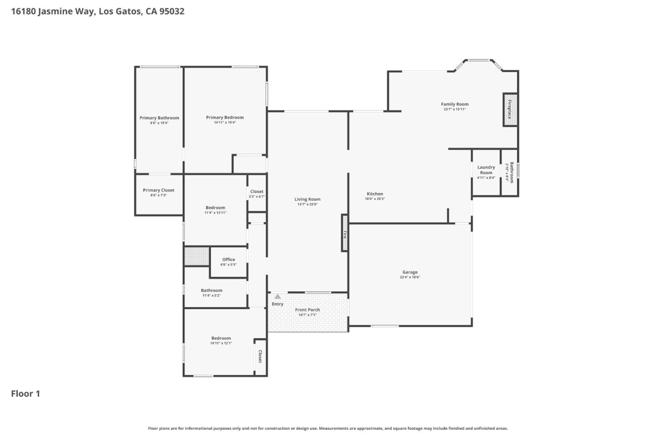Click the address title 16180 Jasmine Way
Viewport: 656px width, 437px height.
pos(97,11)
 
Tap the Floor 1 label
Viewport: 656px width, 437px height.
pos(26,394)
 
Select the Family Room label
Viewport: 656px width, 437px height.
pos(455,104)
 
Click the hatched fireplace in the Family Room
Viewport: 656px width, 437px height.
pos(510,110)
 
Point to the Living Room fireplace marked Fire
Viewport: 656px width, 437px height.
pos(345,233)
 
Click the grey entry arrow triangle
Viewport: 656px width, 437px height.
pos(277,296)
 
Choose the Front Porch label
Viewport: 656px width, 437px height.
pos(307,310)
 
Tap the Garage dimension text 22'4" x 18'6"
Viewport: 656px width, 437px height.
pos(410,277)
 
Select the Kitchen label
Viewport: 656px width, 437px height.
pos(375,194)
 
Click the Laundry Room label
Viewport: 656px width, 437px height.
pos(486,170)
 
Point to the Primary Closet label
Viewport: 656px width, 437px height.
pos(159,190)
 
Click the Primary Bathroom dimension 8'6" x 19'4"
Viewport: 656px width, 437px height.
pos(159,123)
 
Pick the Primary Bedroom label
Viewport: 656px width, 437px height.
pos(225,117)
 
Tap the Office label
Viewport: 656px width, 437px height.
pos(229,259)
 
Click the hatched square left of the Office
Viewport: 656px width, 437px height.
pos(197,256)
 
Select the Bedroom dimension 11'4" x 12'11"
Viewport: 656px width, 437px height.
pos(215,213)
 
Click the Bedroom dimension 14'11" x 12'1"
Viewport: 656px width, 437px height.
pos(221,343)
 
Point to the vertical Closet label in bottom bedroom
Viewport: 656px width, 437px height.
pos(260,356)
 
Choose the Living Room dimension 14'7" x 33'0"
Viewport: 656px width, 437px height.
pos(307,204)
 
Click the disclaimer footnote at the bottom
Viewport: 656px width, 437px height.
pos(328,428)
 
